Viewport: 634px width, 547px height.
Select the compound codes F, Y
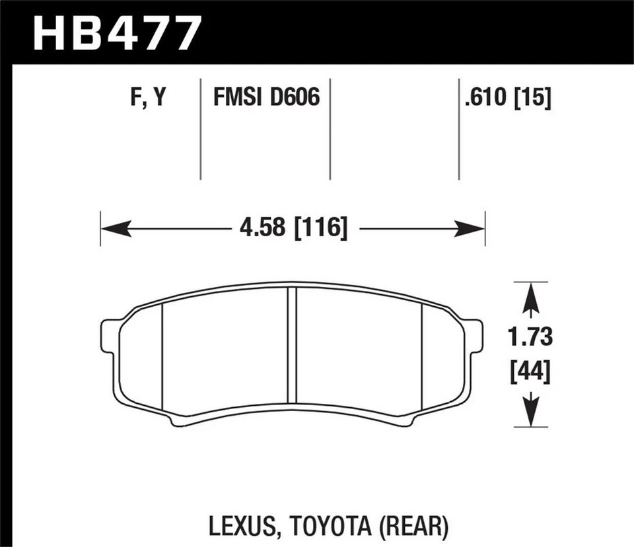point(147,98)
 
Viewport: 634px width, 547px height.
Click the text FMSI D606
point(266,98)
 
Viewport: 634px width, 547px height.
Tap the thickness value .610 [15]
point(507,98)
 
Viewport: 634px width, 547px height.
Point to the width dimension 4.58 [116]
point(290,229)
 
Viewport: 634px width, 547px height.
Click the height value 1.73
point(530,337)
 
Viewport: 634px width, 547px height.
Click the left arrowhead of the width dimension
point(114,229)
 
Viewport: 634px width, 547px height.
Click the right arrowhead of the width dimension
point(472,229)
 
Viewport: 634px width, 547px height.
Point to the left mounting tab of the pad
point(110,336)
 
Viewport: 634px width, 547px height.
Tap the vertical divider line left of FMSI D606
point(200,129)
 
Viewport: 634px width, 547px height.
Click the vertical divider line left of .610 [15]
point(458,129)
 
